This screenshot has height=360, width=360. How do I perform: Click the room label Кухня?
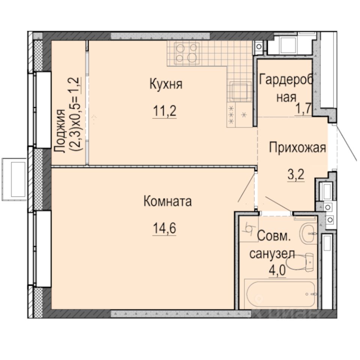pos(166,84)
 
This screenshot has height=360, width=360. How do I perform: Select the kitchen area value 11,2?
pos(165,111)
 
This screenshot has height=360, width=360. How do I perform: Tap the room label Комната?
pos(168,201)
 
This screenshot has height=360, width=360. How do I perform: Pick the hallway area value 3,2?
pos(296,175)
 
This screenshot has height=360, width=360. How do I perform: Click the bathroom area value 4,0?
pos(277,270)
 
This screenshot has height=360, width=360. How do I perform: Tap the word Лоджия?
pos(60,130)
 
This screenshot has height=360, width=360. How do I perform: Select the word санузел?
pos(272,254)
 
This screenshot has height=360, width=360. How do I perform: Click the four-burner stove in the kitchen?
pos(187,53)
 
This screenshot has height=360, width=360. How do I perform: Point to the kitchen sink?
pos(240,92)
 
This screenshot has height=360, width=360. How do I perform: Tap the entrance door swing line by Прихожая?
pos(346,143)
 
